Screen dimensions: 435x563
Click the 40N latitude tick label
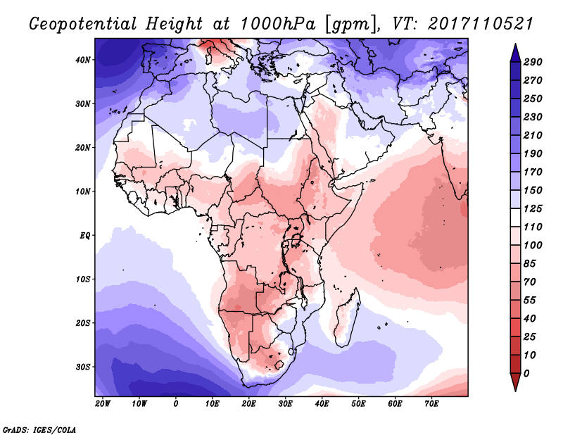pyautogui.click(x=84, y=60)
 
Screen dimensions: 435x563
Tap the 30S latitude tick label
pyautogui.click(x=84, y=367)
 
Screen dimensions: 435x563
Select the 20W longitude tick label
pyautogui.click(x=102, y=404)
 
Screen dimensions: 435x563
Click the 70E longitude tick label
pyautogui.click(x=431, y=404)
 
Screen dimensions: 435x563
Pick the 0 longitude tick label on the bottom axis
pyautogui.click(x=175, y=404)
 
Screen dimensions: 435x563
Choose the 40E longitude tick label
pyautogui.click(x=322, y=404)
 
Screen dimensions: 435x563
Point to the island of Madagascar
pyautogui.click(x=346, y=310)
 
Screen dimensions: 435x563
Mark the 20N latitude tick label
pyautogui.click(x=84, y=147)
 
